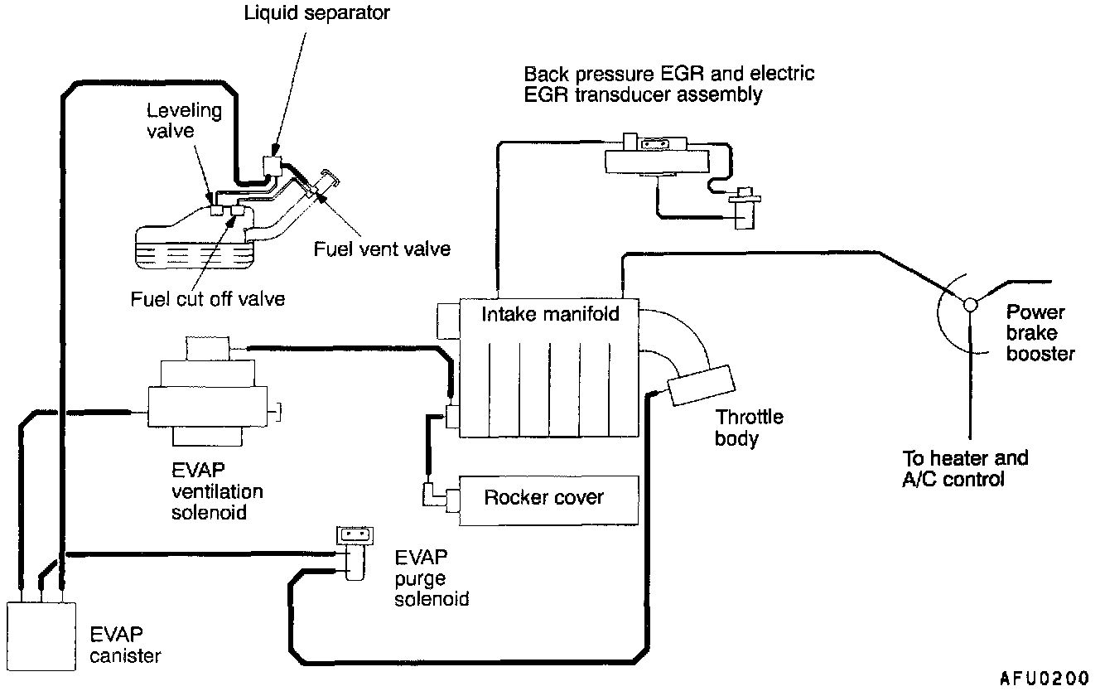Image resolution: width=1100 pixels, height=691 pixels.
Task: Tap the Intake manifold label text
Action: (x=550, y=315)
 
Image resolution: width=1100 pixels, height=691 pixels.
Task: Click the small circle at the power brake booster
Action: (x=970, y=304)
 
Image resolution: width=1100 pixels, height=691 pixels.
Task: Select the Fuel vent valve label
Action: (x=382, y=249)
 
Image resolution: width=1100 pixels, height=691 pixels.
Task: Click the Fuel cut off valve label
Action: (x=207, y=298)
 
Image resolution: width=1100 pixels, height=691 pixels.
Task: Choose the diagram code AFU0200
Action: (x=1045, y=678)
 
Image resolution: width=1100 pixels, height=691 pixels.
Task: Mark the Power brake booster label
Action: (x=1040, y=333)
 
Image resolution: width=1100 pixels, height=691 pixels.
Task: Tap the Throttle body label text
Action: (x=749, y=427)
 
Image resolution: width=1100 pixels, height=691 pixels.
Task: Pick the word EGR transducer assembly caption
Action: (x=669, y=84)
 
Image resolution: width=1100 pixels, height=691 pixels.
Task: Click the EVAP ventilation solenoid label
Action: (x=216, y=492)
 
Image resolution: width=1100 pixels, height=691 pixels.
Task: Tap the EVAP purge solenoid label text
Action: (x=432, y=577)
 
